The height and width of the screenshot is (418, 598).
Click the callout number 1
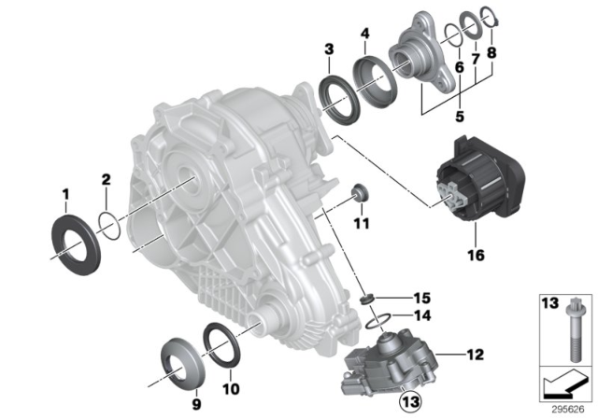(x=65, y=194)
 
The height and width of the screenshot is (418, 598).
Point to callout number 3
(x=329, y=49)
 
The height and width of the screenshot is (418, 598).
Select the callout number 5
(x=459, y=118)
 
